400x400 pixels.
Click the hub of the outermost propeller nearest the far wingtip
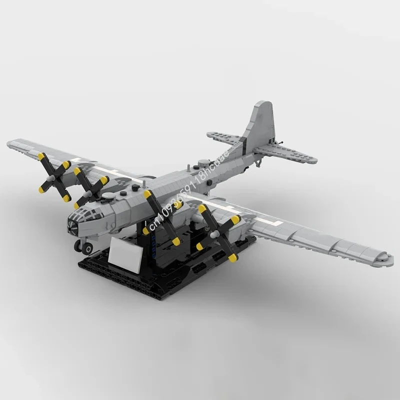[x=52, y=176]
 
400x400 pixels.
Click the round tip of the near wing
[x=384, y=257]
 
